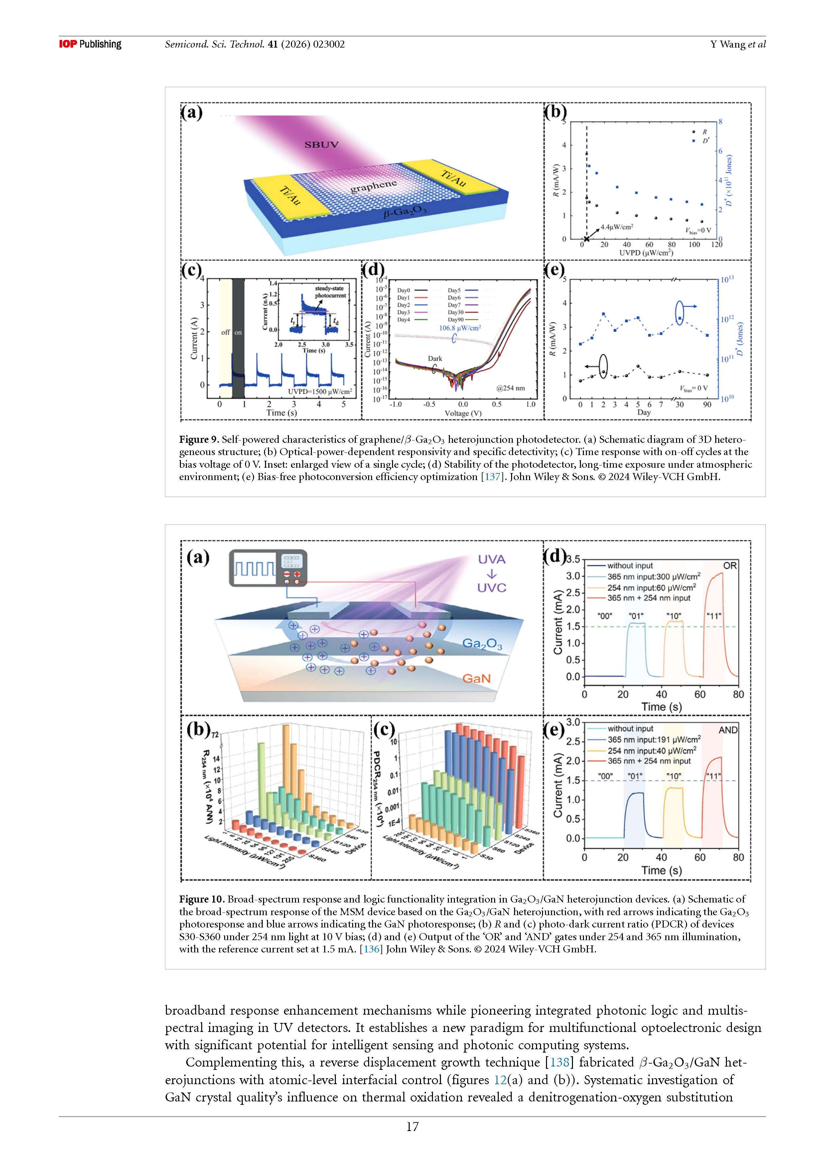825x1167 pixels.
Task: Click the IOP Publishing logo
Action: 90,44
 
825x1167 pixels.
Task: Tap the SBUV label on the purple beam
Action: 321,145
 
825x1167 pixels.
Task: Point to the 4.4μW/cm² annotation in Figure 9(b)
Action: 617,227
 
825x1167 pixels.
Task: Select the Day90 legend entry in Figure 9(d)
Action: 455,320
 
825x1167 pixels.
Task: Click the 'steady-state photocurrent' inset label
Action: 330,292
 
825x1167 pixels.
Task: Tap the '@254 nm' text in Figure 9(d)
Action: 510,388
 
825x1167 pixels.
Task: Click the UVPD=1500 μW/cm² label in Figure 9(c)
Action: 320,391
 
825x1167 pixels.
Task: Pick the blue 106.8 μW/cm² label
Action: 460,328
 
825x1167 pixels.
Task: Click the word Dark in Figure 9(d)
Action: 435,358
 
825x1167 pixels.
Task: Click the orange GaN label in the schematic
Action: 476,679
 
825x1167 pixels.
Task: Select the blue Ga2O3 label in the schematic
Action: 481,644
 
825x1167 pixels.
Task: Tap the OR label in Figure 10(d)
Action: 730,566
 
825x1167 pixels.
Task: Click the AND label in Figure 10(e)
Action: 728,730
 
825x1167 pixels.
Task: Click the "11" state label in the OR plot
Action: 714,616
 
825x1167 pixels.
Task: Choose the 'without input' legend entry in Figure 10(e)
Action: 630,728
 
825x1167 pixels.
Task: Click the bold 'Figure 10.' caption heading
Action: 202,899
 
